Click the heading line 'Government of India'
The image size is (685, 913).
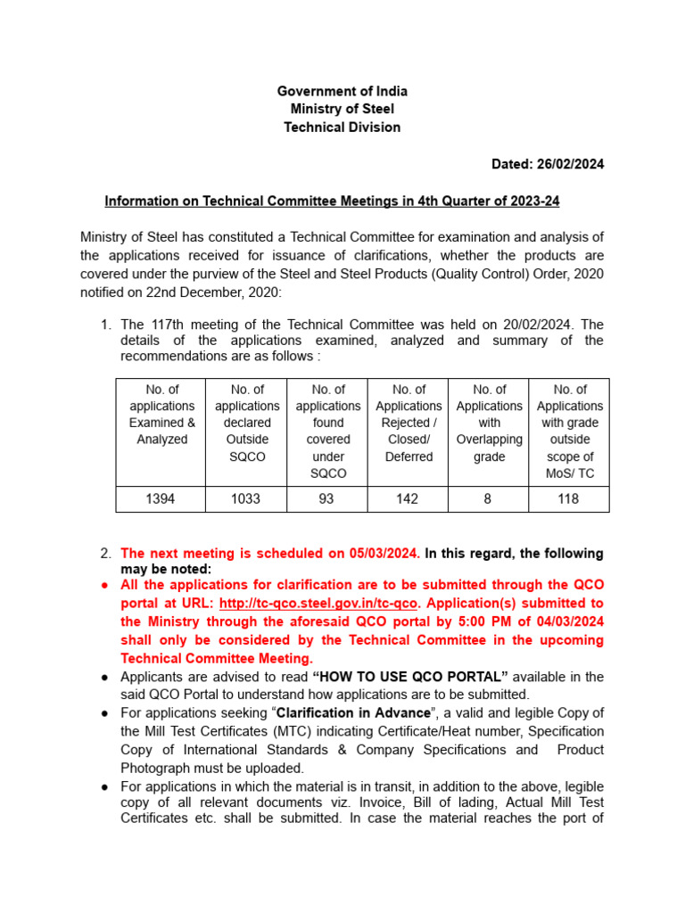(342, 92)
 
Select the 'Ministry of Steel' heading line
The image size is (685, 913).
(342, 110)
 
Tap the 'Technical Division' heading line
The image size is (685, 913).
(342, 127)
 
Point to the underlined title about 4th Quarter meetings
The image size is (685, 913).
(332, 202)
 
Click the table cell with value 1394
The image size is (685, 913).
(161, 499)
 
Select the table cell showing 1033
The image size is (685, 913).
(246, 499)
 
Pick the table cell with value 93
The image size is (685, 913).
(326, 499)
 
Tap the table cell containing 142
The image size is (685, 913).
(407, 499)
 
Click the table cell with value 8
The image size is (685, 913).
(488, 499)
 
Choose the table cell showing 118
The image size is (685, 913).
(568, 499)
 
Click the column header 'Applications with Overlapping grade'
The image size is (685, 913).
(489, 424)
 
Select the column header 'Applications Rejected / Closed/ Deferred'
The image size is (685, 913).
(408, 424)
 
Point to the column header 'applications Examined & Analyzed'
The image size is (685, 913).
(161, 415)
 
